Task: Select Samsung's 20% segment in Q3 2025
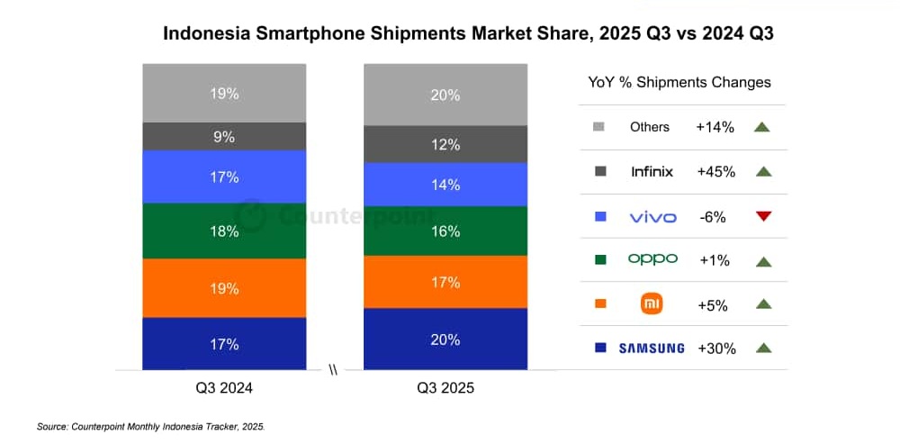tap(445, 340)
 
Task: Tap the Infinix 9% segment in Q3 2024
tap(224, 137)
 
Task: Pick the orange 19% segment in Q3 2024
tap(224, 288)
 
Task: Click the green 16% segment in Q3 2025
tap(445, 231)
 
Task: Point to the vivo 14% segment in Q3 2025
tap(445, 185)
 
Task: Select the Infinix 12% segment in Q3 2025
tap(445, 144)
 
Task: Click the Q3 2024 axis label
tap(224, 389)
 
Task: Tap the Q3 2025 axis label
tap(445, 389)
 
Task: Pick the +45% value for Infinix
tap(715, 172)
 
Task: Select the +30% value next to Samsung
tap(715, 349)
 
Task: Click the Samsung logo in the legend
tap(651, 349)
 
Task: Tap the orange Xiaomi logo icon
tap(651, 304)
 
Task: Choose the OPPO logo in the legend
tap(652, 259)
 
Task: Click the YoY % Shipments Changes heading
tap(679, 82)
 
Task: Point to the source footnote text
tap(151, 425)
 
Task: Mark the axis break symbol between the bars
tap(334, 370)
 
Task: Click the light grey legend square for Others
tap(599, 127)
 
